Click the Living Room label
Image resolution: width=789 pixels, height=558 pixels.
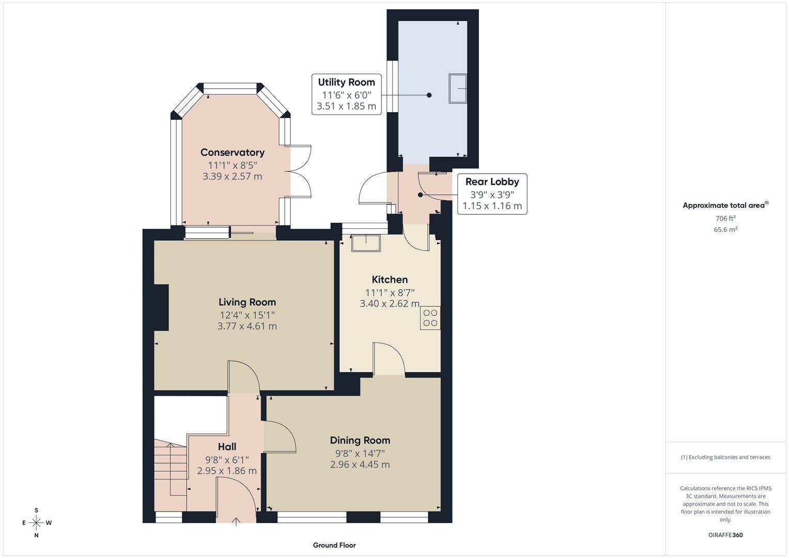247,302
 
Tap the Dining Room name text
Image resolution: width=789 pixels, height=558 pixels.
360,440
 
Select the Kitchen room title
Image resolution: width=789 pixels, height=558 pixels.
390,280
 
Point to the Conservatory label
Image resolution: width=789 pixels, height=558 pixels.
232,152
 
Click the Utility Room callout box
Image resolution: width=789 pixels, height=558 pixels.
346,95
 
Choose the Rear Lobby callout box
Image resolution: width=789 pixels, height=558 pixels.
492,194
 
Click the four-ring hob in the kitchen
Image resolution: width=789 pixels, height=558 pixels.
430,318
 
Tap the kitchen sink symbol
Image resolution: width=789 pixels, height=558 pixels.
366,242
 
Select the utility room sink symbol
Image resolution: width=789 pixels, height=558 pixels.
458,89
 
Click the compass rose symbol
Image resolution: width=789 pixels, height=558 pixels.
36,523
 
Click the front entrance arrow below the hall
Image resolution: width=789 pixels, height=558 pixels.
237,521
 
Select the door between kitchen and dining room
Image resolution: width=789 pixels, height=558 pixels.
389,359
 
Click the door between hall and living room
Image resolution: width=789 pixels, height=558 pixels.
244,378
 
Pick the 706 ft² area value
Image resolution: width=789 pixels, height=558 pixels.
725,219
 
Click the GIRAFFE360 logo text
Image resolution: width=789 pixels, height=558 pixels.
725,535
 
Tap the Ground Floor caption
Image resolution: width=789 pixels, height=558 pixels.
334,545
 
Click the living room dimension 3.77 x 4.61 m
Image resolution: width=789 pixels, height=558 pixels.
247,327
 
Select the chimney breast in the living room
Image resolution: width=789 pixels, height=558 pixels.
161,307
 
